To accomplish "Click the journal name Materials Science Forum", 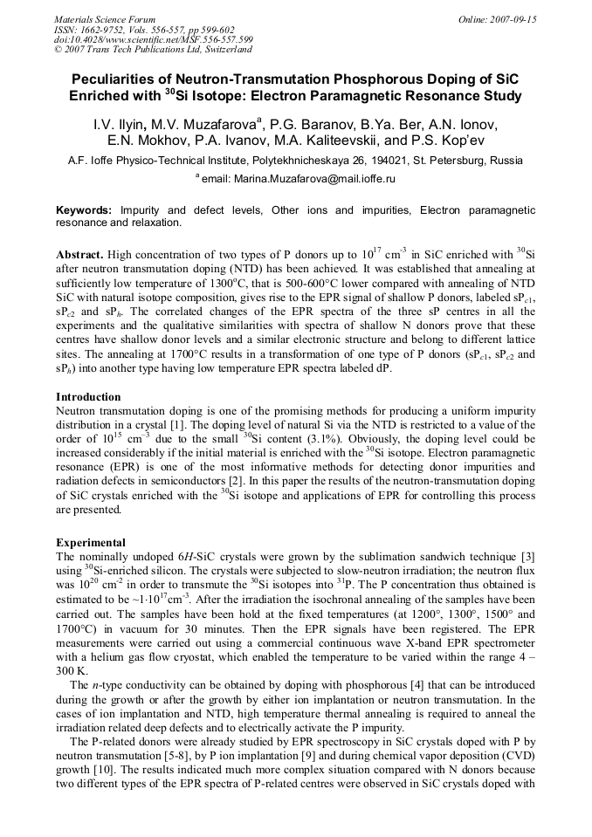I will click(105, 18).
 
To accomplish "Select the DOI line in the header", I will click(154, 39).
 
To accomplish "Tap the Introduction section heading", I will click(88, 397).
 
